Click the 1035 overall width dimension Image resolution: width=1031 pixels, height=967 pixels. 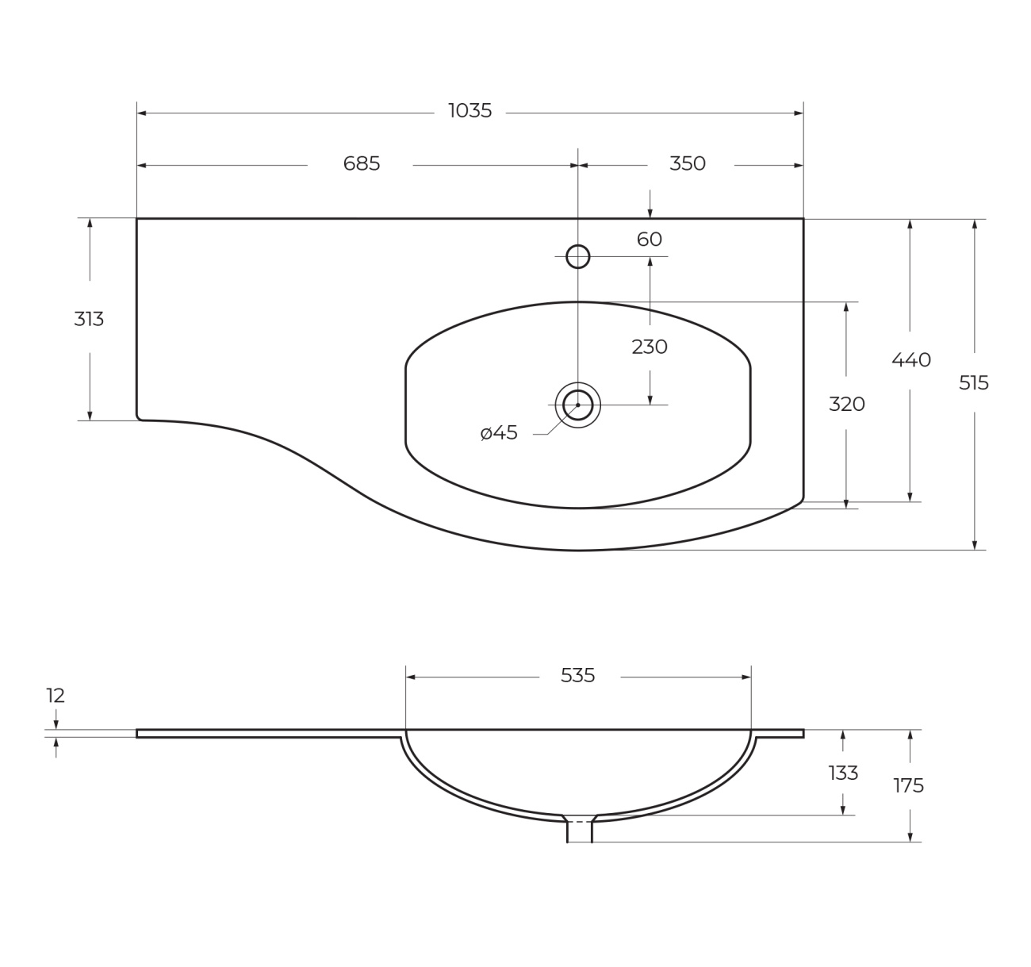pos(470,111)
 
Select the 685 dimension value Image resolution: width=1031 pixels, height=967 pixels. pos(362,163)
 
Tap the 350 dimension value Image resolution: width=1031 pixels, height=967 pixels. pos(688,163)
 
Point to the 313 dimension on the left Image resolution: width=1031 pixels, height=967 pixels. pos(89,319)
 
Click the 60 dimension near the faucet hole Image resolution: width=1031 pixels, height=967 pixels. pos(650,240)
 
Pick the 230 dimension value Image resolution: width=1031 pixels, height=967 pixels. pos(650,347)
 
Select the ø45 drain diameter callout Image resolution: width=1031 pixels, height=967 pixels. pos(499,433)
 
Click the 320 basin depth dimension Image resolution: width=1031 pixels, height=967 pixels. pos(846,405)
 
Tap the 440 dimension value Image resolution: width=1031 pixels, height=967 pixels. pos(910,360)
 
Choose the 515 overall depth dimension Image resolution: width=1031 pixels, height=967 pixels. pos(974,383)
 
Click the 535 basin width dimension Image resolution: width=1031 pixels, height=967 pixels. pos(577,676)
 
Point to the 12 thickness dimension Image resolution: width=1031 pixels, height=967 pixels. pos(56,696)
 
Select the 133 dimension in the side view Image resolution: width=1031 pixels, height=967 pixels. pos(843,773)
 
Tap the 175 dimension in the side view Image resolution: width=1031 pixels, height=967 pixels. pos(909,786)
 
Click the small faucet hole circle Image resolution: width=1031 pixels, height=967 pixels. pos(578,256)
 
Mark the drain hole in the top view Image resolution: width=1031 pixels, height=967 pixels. pos(578,405)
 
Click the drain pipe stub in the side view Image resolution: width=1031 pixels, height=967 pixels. pos(580,831)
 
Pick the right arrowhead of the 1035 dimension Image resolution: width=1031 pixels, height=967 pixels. pos(799,113)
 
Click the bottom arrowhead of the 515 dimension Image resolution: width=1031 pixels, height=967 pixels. pos(975,545)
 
